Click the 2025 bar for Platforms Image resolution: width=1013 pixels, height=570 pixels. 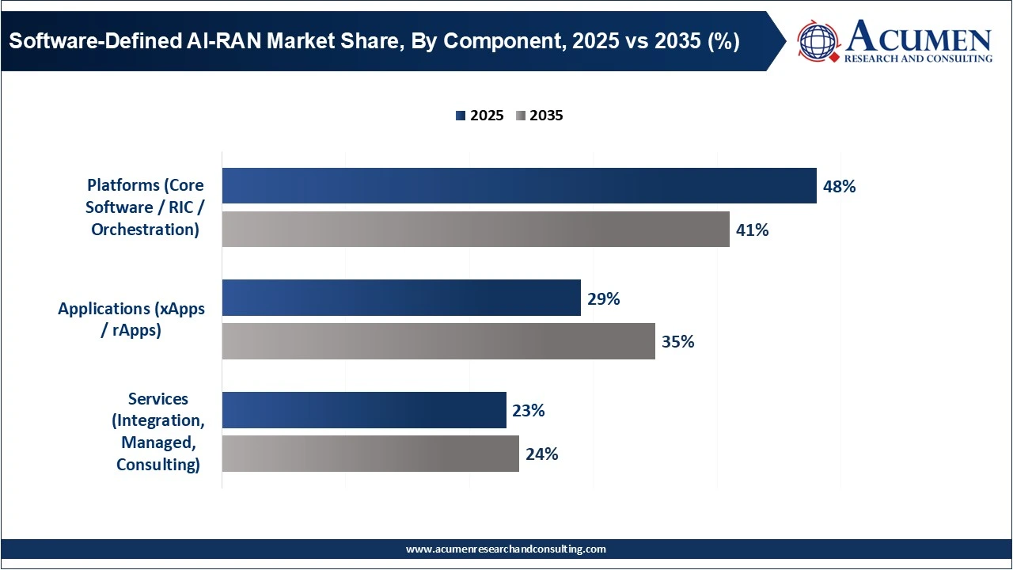point(518,186)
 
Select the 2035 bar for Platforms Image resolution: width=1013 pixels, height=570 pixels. point(475,230)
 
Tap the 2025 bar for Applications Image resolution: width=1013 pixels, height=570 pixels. point(401,298)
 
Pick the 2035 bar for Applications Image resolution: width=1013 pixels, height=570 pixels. point(438,341)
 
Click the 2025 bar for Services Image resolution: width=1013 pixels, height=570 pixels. point(364,410)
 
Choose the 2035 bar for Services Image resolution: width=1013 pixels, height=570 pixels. point(370,454)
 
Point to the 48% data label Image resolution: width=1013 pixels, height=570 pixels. point(839,187)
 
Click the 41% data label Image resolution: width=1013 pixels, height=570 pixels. point(752,230)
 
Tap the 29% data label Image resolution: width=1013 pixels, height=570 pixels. point(603,298)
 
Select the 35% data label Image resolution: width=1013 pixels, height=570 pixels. point(677,342)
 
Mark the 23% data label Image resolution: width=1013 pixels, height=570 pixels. point(528,411)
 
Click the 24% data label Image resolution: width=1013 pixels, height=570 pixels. point(541,454)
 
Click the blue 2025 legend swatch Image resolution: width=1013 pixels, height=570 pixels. point(461,116)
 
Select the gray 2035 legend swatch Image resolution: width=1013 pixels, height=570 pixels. point(520,116)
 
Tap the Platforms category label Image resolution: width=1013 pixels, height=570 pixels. point(145,207)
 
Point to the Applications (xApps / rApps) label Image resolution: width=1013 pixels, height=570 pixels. point(131,319)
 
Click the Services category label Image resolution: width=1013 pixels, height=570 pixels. point(157,431)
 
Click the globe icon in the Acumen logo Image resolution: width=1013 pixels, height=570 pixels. point(818,42)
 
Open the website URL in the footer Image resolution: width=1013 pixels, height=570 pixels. point(506,549)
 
